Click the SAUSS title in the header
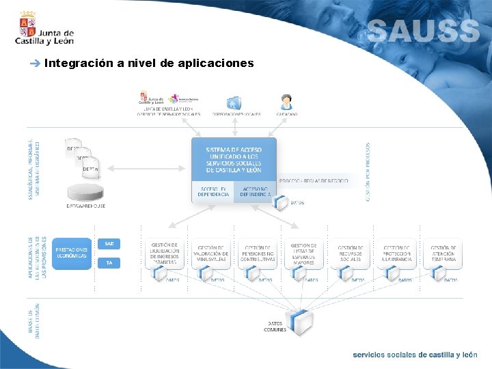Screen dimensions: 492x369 [x=423, y=31]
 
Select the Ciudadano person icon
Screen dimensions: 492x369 [x=286, y=102]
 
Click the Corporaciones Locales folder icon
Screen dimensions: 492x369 [x=234, y=102]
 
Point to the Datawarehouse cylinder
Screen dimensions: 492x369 [x=85, y=189]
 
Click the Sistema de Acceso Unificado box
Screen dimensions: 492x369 [x=234, y=159]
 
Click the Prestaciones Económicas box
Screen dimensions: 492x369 [x=71, y=253]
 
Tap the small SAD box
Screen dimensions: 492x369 [x=109, y=243]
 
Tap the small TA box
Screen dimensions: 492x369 [x=109, y=262]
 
